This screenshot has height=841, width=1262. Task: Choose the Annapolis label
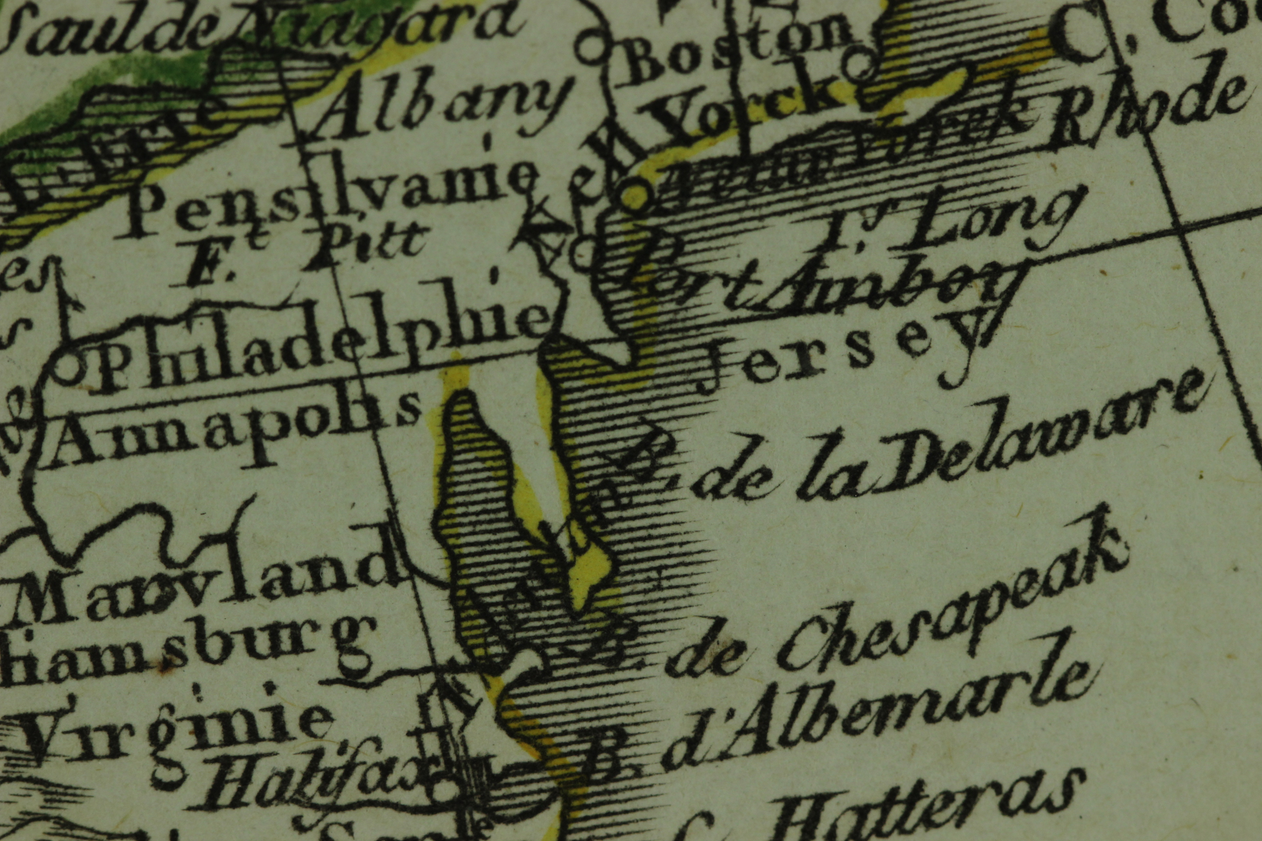click(x=236, y=429)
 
